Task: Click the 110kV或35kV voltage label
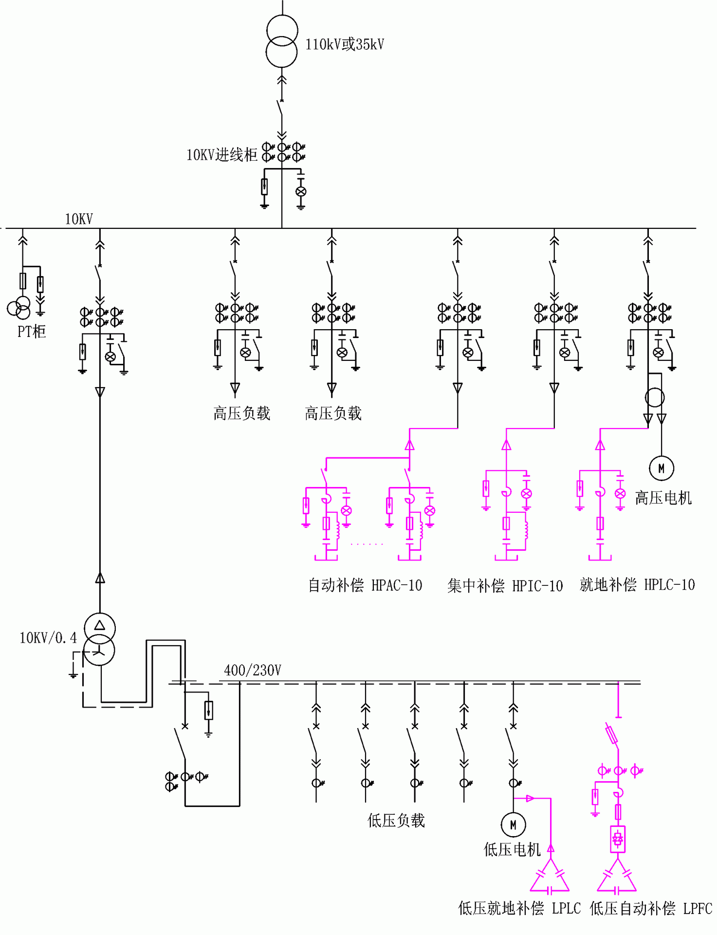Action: point(345,44)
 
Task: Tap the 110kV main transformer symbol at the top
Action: point(282,41)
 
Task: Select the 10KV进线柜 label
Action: point(222,155)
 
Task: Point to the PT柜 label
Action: point(32,332)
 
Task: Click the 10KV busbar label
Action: point(79,219)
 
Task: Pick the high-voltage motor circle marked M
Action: point(661,468)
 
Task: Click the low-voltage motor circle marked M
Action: point(513,824)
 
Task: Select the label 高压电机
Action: point(663,498)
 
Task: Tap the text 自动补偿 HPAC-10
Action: point(365,585)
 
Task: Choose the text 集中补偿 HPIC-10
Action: point(505,585)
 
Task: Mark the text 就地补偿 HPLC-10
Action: point(637,584)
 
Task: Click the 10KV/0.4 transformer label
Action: point(48,638)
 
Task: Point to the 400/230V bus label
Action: point(253,671)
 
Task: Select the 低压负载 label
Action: point(396,821)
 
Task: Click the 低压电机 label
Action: point(512,850)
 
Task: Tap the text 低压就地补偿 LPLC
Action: point(519,908)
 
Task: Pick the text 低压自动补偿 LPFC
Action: point(651,908)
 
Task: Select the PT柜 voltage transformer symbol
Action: point(19,308)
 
